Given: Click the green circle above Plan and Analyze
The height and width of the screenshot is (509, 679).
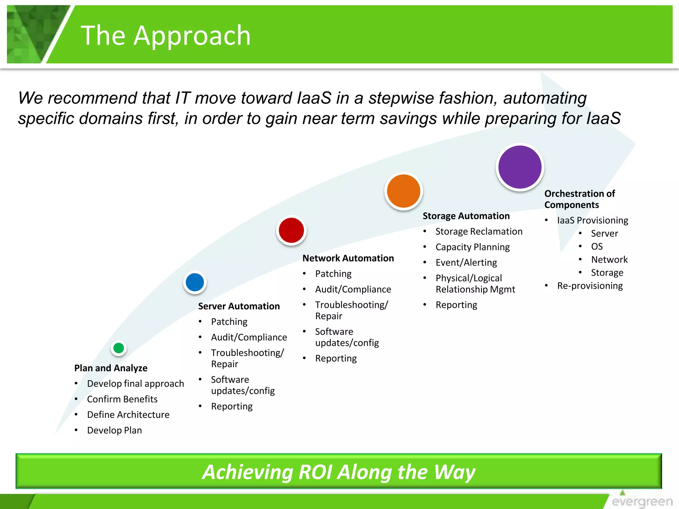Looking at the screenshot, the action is [119, 348].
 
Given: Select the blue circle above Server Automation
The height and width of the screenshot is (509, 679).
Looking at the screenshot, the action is [195, 282].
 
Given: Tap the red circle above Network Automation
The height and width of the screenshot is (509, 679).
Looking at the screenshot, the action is [291, 230].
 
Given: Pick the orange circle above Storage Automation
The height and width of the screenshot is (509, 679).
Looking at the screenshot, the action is [403, 191].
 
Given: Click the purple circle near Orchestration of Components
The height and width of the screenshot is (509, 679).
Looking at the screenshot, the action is [520, 167].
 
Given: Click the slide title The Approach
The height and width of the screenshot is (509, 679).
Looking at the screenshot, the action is [166, 35].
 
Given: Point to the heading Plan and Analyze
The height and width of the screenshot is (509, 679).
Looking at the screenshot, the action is [111, 368].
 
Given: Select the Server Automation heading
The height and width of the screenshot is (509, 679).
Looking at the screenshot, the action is [239, 306].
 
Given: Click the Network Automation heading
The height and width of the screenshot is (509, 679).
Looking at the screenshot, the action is [348, 258].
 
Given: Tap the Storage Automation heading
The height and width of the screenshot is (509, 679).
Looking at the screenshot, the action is [466, 216].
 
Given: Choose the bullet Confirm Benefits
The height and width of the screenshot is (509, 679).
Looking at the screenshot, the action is [122, 399].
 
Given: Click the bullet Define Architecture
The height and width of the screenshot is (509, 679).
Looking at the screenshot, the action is [128, 415].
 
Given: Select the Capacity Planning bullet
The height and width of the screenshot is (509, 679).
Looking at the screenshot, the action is [473, 247].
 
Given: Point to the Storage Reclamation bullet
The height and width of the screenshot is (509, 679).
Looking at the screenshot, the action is [479, 231].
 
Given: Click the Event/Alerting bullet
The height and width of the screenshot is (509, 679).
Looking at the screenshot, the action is [466, 262].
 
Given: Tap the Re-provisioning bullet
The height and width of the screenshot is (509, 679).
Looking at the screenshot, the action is [590, 286].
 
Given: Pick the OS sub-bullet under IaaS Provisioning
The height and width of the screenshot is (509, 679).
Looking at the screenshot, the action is [597, 246].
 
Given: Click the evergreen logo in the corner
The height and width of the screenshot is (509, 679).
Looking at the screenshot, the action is [642, 499].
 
